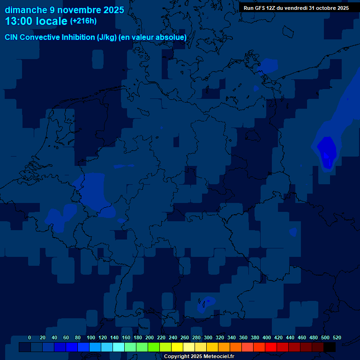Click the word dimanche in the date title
(x=25, y=10)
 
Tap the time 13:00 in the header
(x=22, y=21)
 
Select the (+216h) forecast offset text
(x=83, y=21)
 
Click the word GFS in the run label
(x=259, y=8)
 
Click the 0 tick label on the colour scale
(x=30, y=337)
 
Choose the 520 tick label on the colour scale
(x=337, y=337)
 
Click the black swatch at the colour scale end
(x=330, y=347)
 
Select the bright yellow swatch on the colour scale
(x=177, y=347)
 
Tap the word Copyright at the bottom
(x=177, y=357)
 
